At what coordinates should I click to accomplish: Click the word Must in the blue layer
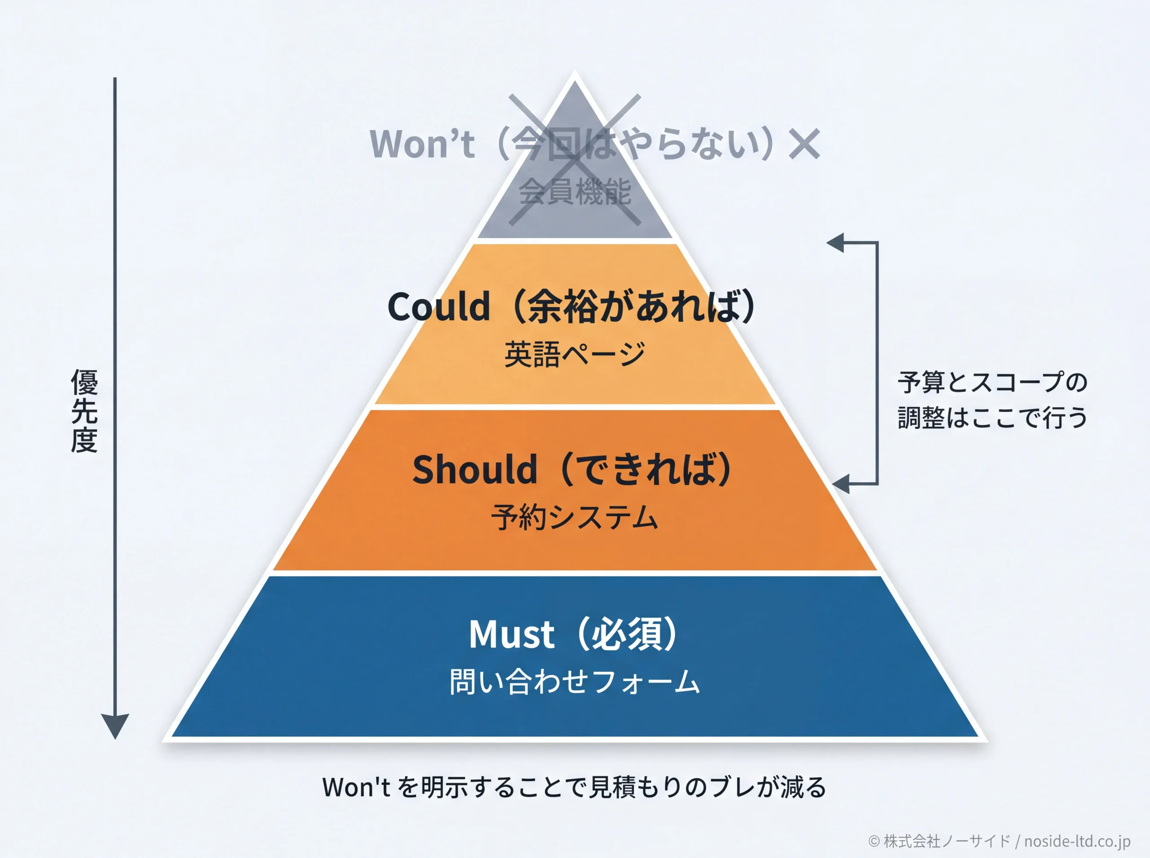pyautogui.click(x=512, y=635)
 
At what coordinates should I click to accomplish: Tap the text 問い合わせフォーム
pyautogui.click(x=575, y=682)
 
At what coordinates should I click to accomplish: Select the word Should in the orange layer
pyautogui.click(x=475, y=469)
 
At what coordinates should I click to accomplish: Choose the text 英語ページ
pyautogui.click(x=575, y=354)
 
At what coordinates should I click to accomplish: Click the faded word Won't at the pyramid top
pyautogui.click(x=422, y=143)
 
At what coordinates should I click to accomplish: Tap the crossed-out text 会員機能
pyautogui.click(x=575, y=192)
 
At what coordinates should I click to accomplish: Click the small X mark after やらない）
pyautogui.click(x=804, y=144)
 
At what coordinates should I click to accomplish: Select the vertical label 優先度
pyautogui.click(x=84, y=411)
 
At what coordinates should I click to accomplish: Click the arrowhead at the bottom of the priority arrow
pyautogui.click(x=115, y=726)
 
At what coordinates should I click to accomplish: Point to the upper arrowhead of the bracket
pyautogui.click(x=835, y=242)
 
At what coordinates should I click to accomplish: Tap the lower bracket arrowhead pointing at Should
pyautogui.click(x=840, y=484)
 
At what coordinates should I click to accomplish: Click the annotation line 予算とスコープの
pyautogui.click(x=992, y=382)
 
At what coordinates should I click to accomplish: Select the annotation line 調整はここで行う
pyautogui.click(x=992, y=417)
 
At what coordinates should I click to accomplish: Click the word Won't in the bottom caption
pyautogui.click(x=356, y=788)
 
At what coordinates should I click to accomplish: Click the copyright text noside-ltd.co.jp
pyautogui.click(x=1077, y=841)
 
